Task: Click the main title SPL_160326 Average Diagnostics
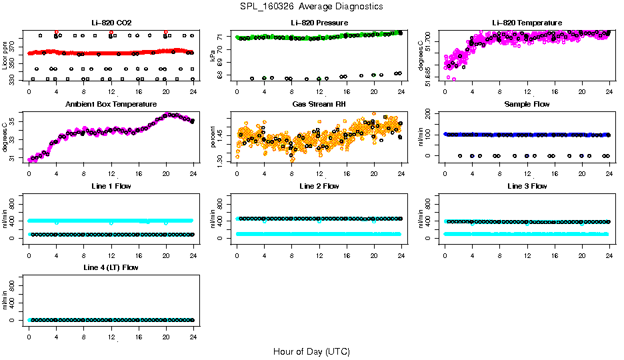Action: click(x=312, y=7)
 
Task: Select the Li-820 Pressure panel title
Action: click(x=319, y=23)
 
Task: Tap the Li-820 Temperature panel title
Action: click(x=527, y=23)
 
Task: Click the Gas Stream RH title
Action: click(x=319, y=104)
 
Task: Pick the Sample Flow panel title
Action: click(x=527, y=104)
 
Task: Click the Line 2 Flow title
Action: click(x=319, y=186)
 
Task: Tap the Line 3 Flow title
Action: click(x=527, y=186)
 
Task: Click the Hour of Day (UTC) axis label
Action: click(x=311, y=351)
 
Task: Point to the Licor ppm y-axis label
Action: click(x=5, y=55)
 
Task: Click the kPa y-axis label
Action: click(x=213, y=56)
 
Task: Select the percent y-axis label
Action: click(x=213, y=137)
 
